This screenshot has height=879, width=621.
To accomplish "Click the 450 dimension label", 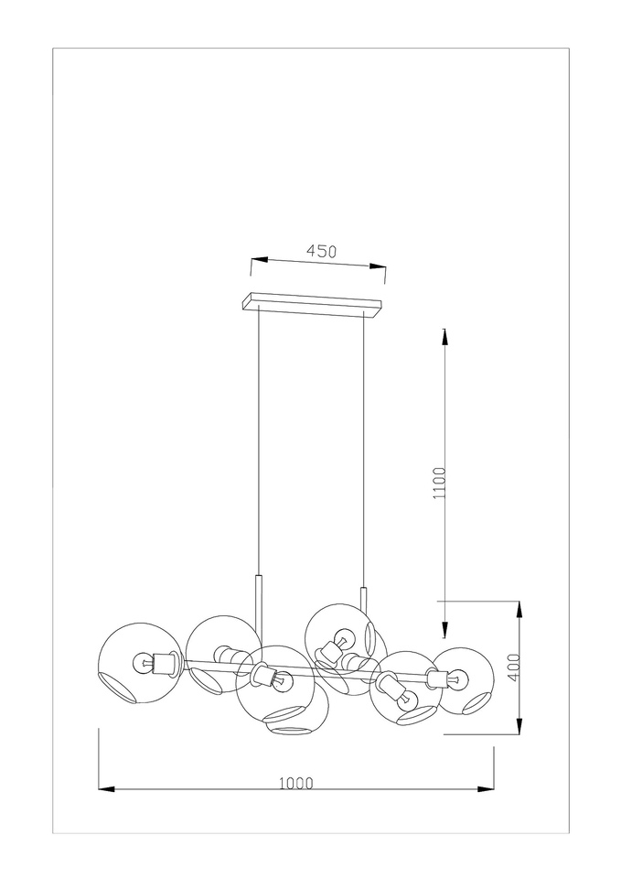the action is [321, 251].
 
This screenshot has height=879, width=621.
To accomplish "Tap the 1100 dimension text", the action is [440, 483].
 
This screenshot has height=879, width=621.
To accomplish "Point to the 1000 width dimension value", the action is [296, 783].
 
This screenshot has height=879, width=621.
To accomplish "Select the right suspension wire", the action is [363, 449].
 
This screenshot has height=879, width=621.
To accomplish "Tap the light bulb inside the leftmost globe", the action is [143, 663].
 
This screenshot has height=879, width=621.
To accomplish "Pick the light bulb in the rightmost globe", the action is [457, 679].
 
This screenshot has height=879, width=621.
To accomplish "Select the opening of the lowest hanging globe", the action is [288, 731].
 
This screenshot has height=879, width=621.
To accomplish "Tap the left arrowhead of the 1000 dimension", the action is [106, 789].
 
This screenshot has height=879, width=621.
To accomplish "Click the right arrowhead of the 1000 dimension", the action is [486, 789].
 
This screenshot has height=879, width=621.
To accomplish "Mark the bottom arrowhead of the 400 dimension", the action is [519, 726].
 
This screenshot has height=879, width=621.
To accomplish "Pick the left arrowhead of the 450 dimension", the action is [259, 259].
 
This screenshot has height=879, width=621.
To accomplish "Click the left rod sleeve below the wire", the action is [258, 605].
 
